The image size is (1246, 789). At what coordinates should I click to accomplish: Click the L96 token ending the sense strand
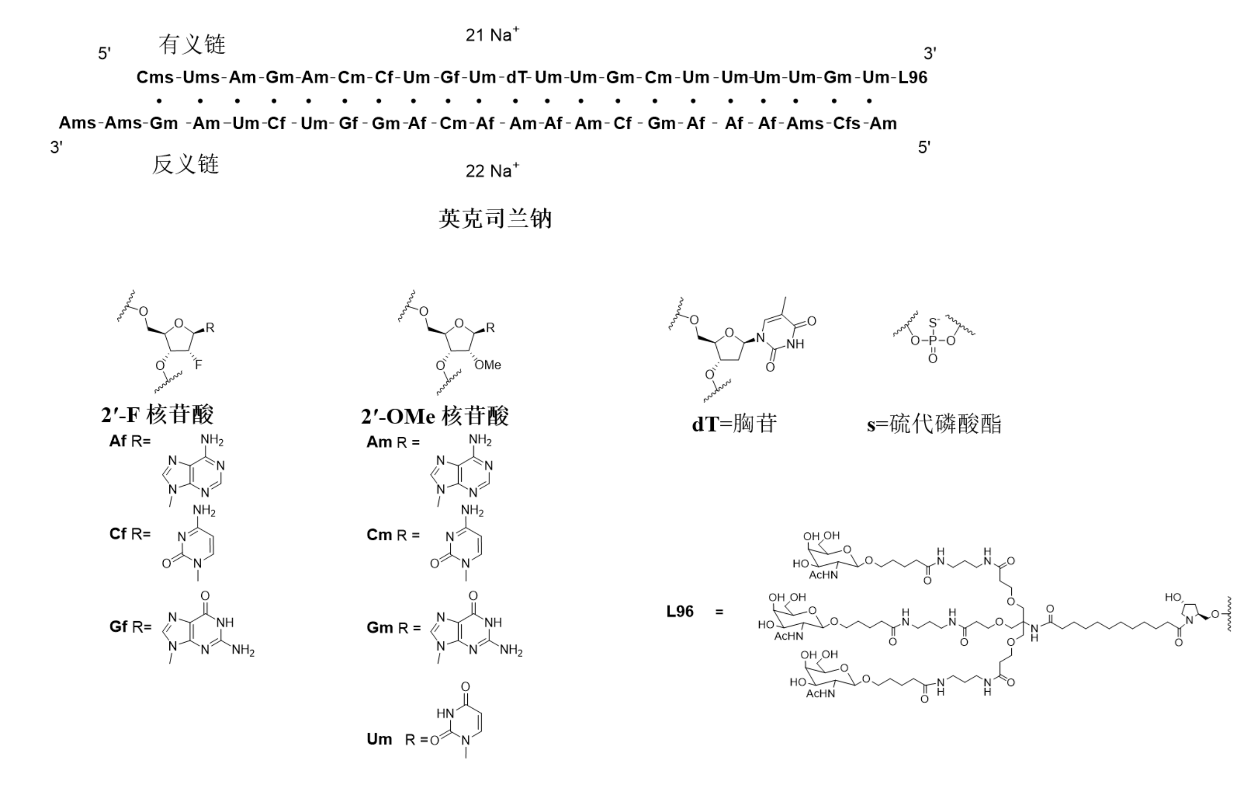[912, 77]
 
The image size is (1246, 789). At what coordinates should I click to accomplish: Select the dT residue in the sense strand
[515, 77]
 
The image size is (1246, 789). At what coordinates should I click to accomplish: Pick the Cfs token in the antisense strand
[847, 123]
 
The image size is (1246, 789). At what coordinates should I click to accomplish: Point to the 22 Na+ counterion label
[492, 170]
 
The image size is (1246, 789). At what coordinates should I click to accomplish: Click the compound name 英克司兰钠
[495, 218]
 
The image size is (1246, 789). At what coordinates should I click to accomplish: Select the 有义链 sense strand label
[192, 44]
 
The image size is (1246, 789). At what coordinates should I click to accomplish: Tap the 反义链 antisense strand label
[185, 164]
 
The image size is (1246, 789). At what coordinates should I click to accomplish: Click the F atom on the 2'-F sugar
[198, 365]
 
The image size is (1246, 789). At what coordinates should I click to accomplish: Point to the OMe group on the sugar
[488, 365]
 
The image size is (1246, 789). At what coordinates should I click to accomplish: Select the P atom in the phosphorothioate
[933, 340]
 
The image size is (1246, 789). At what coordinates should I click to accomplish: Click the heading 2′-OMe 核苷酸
[435, 416]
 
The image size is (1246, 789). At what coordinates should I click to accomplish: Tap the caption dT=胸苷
[734, 423]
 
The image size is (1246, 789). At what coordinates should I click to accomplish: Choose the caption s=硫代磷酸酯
[934, 423]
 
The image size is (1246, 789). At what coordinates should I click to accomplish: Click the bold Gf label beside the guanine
[118, 626]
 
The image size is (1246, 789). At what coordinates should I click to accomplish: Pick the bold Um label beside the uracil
[379, 739]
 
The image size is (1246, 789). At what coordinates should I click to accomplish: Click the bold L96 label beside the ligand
[680, 611]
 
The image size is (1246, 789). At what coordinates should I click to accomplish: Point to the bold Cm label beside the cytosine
[379, 534]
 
